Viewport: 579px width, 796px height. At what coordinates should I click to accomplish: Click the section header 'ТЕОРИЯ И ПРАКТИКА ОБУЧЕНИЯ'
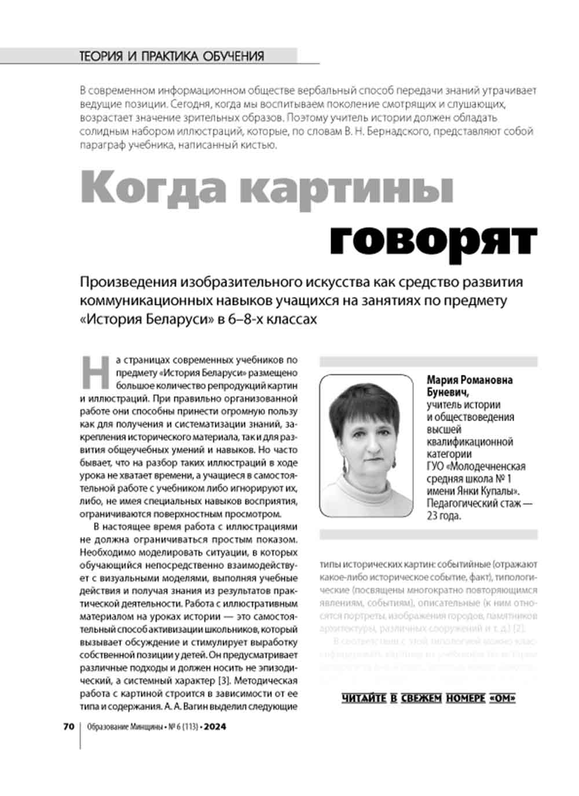[x=171, y=56]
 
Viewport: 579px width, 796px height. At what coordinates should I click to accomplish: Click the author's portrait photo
[x=366, y=445]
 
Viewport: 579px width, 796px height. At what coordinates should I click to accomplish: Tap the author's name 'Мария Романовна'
[x=470, y=380]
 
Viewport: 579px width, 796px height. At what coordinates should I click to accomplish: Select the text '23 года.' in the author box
[x=444, y=516]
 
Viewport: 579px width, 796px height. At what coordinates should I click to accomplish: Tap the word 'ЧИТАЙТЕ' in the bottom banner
[x=364, y=698]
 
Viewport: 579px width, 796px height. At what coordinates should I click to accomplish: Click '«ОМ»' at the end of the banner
[x=502, y=698]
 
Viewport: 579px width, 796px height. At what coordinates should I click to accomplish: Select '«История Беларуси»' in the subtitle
[x=146, y=319]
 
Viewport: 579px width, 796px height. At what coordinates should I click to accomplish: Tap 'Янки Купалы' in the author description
[x=485, y=491]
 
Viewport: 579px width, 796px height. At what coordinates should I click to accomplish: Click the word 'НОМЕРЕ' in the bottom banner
[x=466, y=698]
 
